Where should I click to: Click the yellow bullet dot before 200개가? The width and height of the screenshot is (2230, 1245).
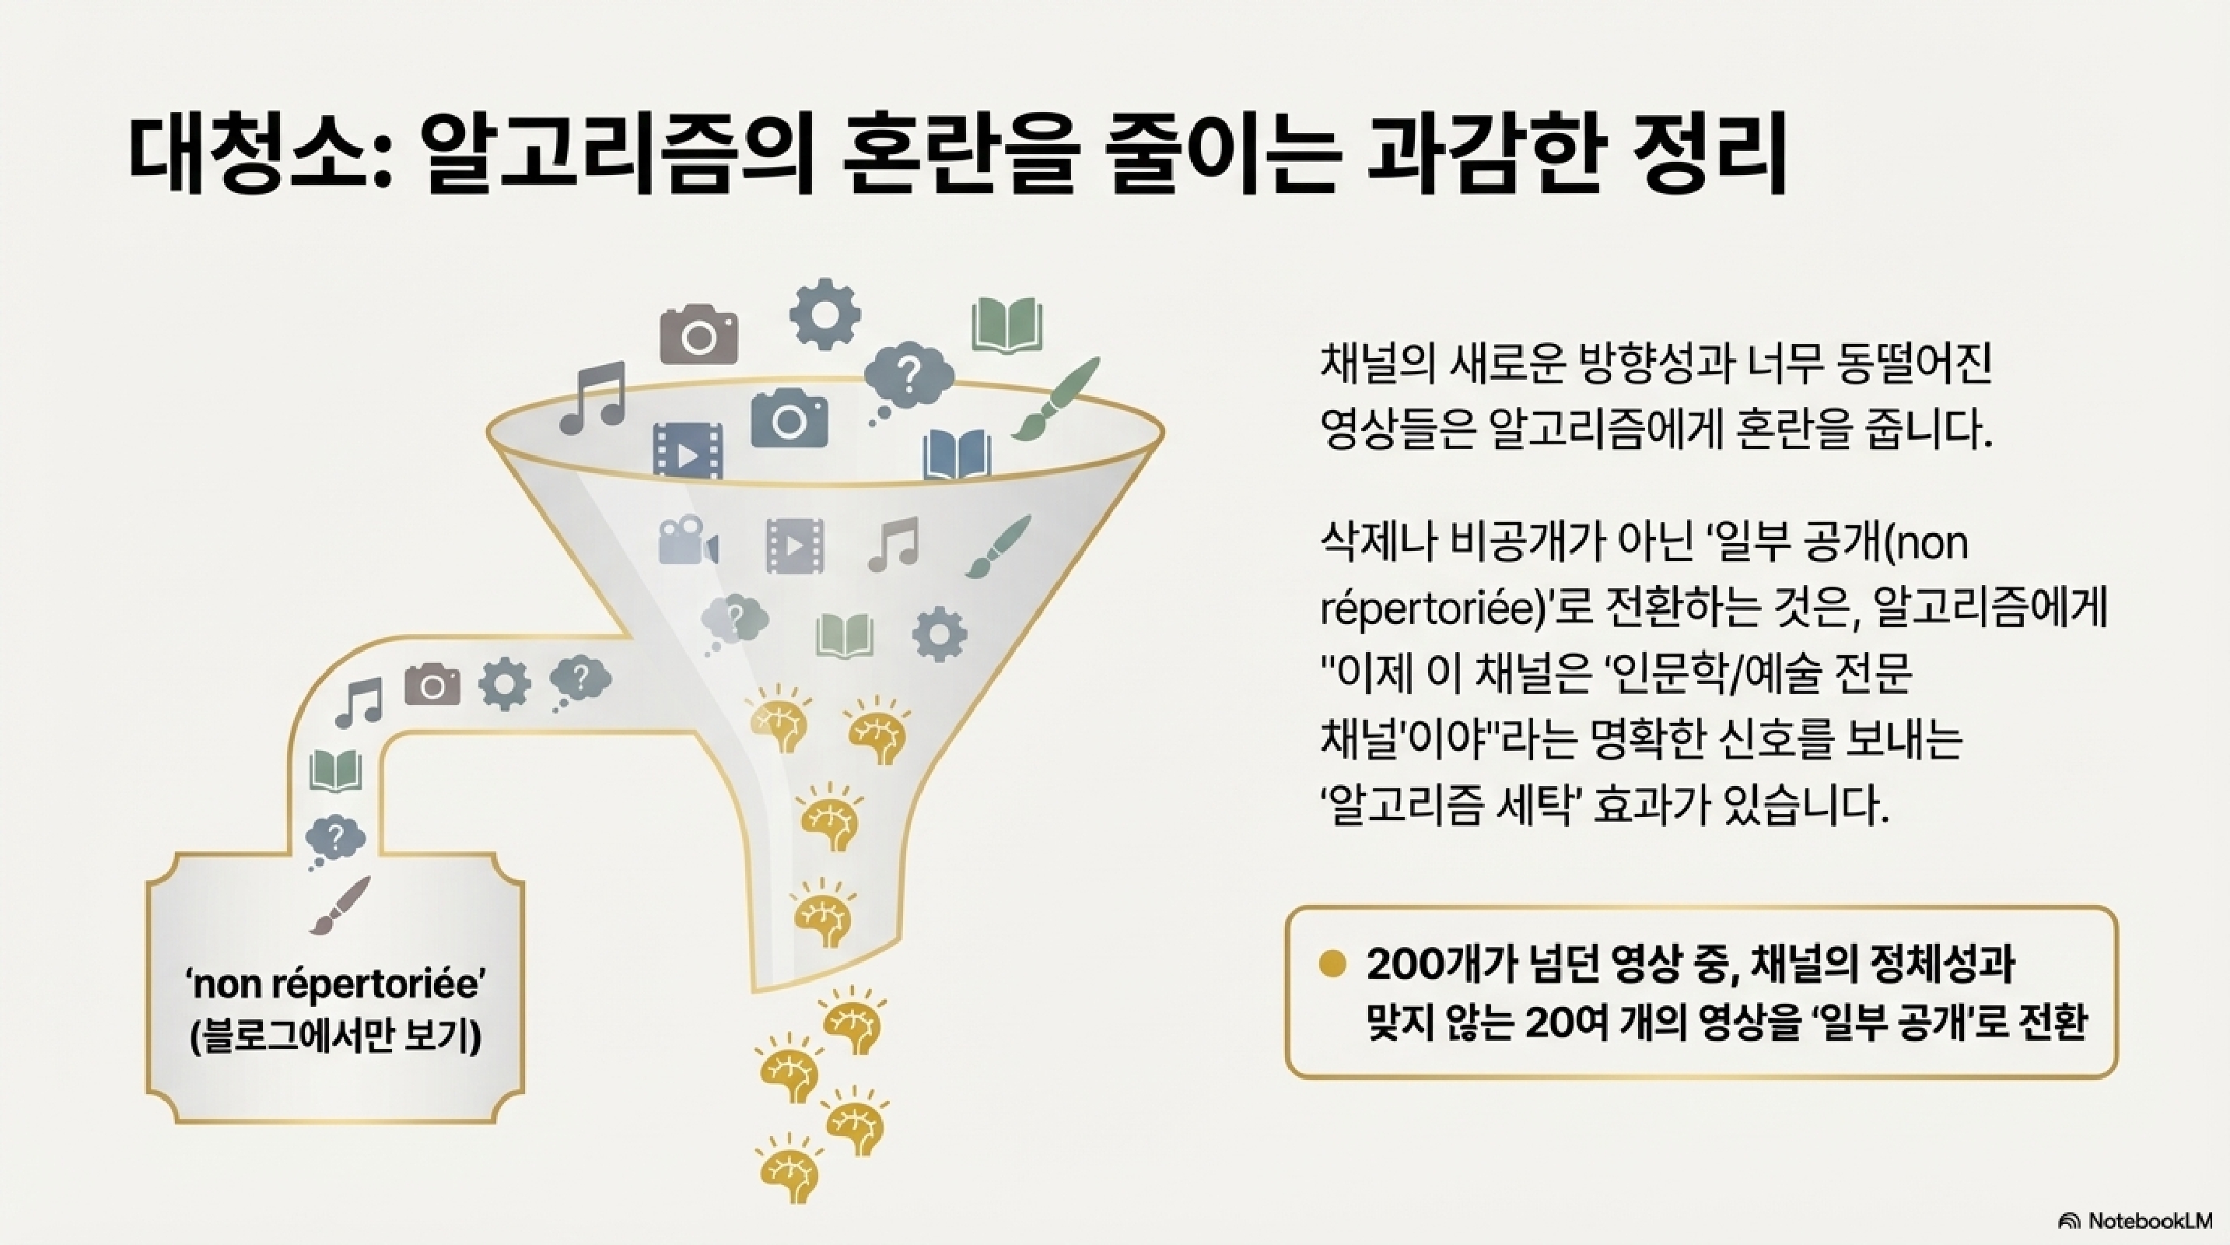tap(1333, 963)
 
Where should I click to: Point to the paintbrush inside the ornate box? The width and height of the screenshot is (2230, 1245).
tap(339, 905)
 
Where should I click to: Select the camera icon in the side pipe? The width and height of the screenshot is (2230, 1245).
tap(432, 685)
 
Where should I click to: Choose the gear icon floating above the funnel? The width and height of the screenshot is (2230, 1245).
tap(824, 314)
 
